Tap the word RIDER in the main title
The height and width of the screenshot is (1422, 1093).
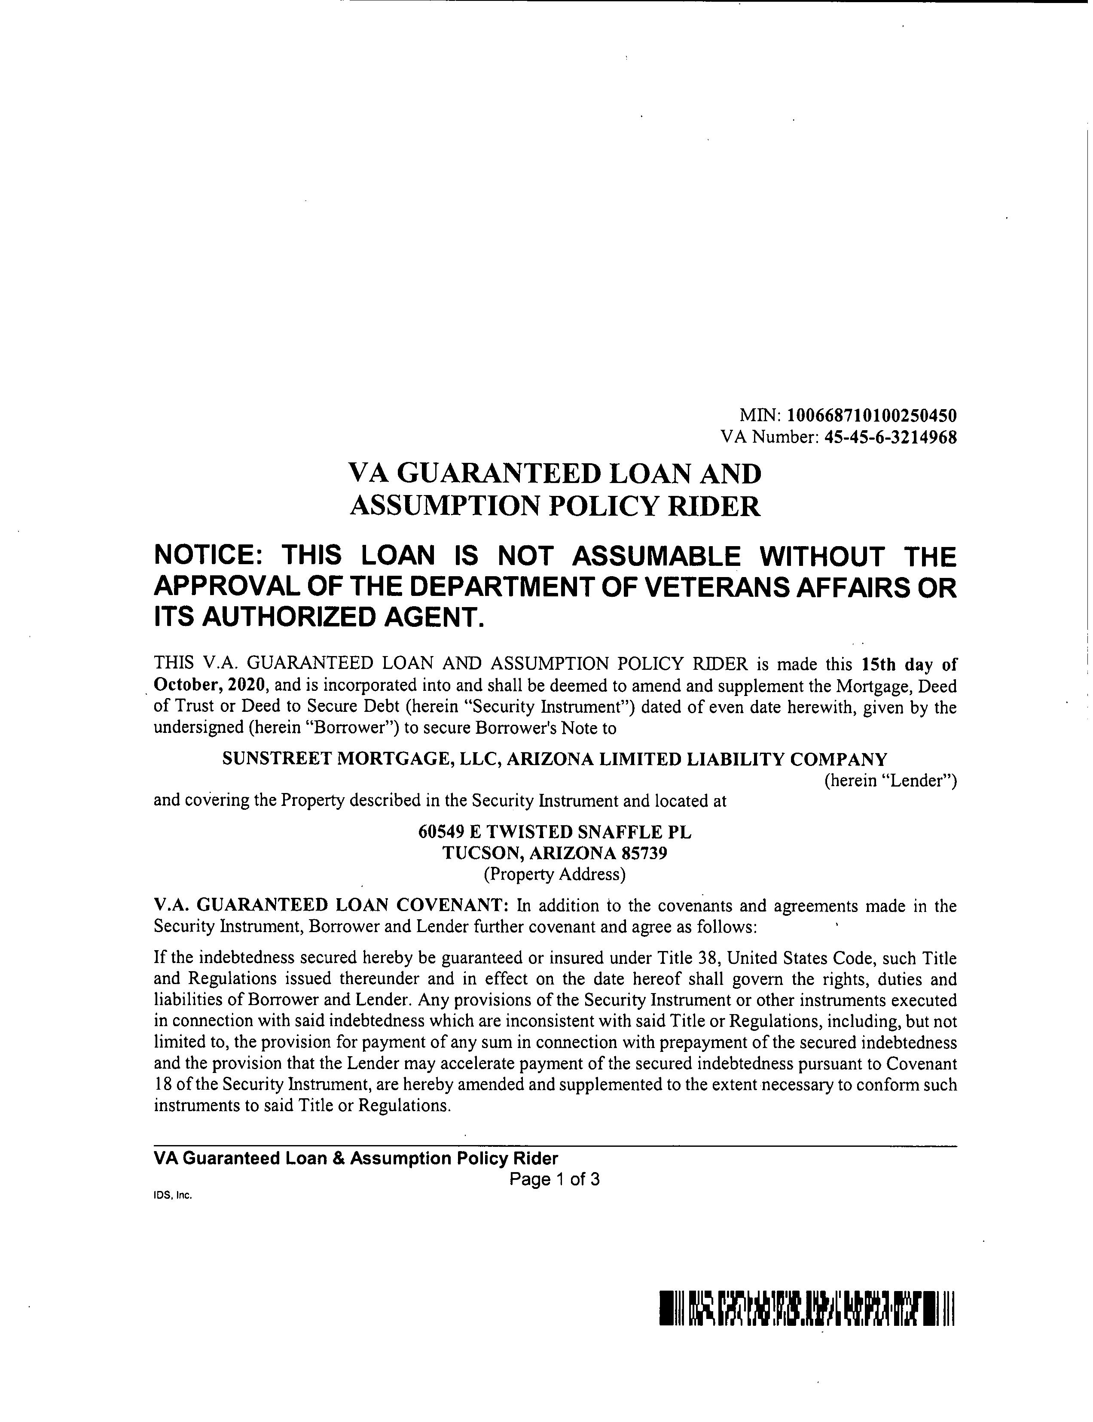pos(714,507)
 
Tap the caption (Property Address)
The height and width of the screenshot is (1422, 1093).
pos(554,874)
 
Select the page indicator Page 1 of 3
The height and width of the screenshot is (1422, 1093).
pos(554,1179)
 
